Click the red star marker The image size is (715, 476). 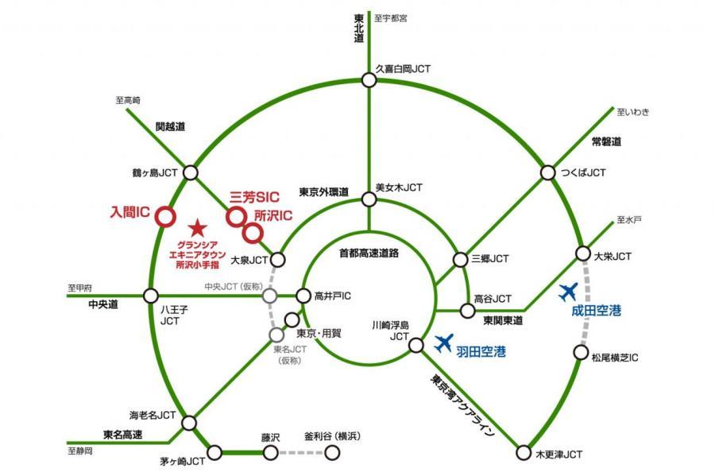(198, 229)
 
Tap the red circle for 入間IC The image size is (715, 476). (164, 215)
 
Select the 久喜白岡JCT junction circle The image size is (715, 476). (369, 79)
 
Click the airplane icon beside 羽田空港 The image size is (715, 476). (443, 343)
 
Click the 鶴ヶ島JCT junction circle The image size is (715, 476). (191, 172)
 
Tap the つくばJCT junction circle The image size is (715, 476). (547, 172)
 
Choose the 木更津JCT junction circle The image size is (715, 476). (523, 454)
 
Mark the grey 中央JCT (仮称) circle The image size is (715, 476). (270, 296)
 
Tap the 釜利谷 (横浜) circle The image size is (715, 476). (332, 452)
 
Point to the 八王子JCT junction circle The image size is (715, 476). (150, 296)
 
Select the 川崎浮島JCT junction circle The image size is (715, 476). (415, 344)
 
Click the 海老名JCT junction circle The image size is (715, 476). (189, 424)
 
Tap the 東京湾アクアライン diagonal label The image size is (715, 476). (464, 405)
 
